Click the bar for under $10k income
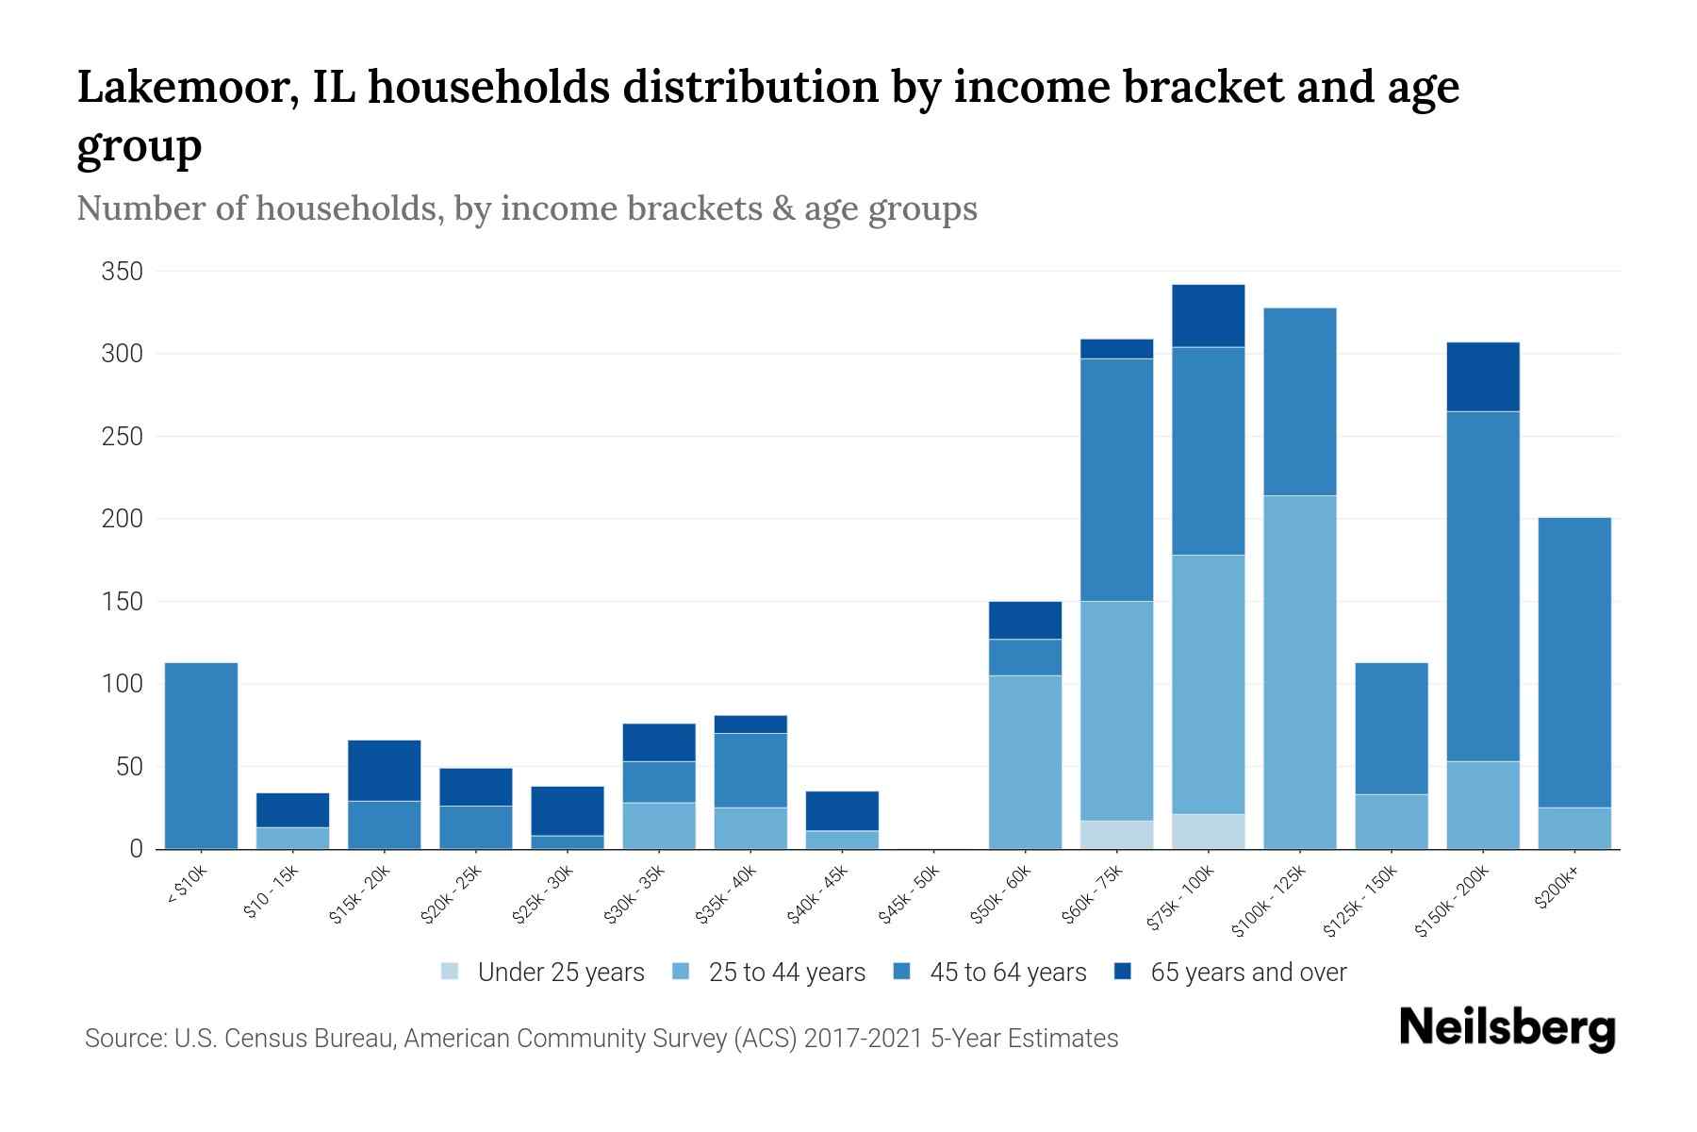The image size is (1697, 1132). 201,756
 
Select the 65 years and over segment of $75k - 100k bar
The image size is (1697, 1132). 1208,315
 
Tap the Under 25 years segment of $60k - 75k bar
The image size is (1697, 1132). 1116,835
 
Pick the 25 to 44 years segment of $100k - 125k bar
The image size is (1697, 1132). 1299,672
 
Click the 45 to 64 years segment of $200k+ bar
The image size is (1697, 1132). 1573,662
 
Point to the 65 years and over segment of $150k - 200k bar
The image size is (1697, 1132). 1482,376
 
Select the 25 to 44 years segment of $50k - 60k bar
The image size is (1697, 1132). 1025,762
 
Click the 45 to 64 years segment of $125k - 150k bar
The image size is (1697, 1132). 1391,728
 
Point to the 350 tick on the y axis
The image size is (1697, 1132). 122,272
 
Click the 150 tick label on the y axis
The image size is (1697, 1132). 122,602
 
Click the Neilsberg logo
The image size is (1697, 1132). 1507,1029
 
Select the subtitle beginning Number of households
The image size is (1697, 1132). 526,208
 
